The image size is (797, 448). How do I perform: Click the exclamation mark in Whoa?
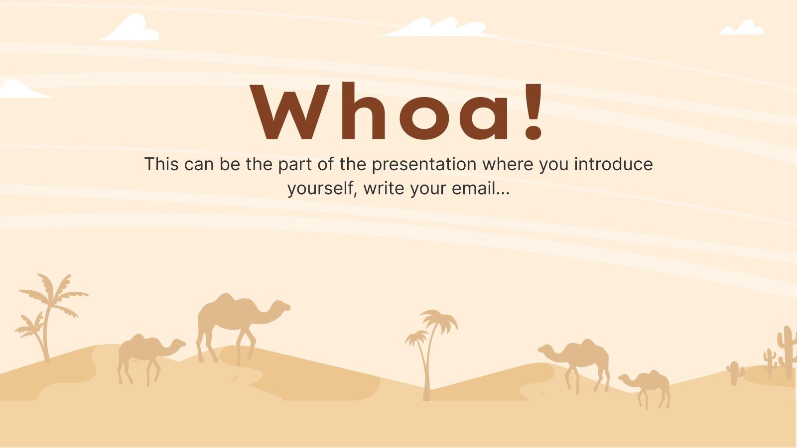[x=534, y=111]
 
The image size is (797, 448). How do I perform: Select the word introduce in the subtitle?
[x=613, y=164]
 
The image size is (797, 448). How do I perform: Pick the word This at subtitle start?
[x=161, y=164]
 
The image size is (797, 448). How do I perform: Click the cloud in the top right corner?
[x=742, y=28]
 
